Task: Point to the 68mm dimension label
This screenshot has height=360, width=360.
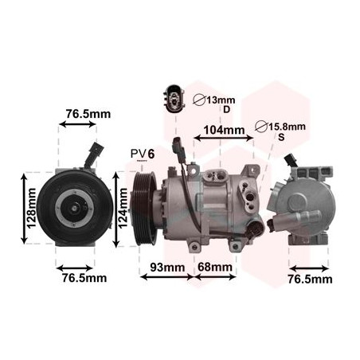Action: (x=216, y=266)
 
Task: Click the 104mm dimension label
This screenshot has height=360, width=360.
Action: (x=223, y=130)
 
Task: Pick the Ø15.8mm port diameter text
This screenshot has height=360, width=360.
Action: (x=280, y=126)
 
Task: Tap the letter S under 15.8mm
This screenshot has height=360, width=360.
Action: (x=280, y=138)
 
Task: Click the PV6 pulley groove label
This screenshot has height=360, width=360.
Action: (x=143, y=153)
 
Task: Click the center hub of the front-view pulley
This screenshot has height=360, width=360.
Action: (x=71, y=209)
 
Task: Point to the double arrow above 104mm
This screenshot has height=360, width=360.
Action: (x=224, y=142)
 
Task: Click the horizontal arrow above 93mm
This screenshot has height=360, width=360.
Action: (x=166, y=277)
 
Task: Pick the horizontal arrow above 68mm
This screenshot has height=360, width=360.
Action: (x=215, y=277)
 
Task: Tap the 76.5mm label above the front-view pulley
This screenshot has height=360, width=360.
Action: (x=88, y=114)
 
